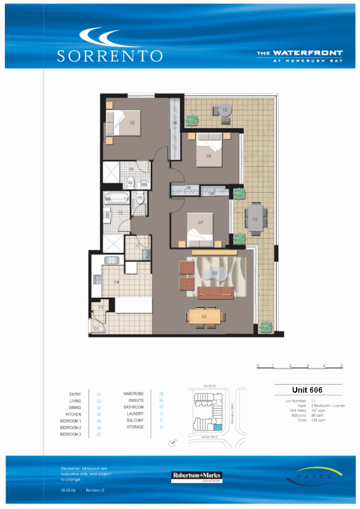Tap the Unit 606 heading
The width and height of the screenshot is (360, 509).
[307, 390]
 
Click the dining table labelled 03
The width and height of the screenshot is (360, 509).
[206, 316]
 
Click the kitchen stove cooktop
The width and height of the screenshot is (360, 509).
[97, 279]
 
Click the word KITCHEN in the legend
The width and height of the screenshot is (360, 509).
[73, 414]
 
